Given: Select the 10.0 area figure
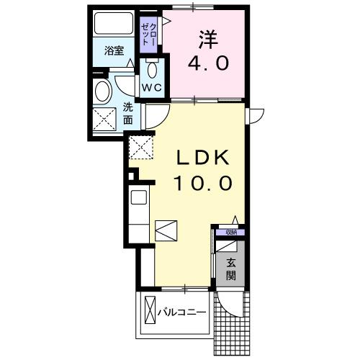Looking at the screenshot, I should [202, 183].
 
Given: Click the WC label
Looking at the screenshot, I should [151, 87].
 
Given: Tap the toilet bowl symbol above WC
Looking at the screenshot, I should [153, 71].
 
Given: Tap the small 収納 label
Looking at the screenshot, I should [230, 232].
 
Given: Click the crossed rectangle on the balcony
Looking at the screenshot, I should [150, 310].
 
